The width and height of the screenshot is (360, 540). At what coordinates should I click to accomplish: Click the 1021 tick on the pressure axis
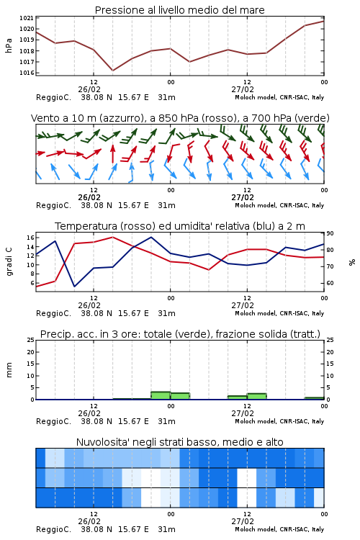(x=26, y=18)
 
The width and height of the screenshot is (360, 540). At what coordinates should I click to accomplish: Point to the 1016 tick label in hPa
(x=26, y=73)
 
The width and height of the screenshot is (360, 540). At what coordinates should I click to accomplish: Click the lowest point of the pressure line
(x=112, y=71)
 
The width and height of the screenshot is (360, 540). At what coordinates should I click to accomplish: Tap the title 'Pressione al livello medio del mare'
(x=180, y=10)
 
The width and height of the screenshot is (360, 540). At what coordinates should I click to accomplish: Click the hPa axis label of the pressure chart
(x=9, y=45)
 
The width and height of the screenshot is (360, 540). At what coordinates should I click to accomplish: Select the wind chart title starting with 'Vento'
(x=180, y=118)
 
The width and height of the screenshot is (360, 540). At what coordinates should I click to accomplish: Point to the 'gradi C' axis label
(x=9, y=261)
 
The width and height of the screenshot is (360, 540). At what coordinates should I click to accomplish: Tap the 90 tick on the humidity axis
(x=330, y=233)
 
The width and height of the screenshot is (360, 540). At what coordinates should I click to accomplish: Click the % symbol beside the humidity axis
(x=352, y=262)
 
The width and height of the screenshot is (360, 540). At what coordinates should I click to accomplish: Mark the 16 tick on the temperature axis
(x=30, y=238)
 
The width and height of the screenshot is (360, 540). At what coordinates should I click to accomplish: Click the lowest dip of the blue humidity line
(x=74, y=286)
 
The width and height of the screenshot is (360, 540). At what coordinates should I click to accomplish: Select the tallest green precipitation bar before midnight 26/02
(x=161, y=395)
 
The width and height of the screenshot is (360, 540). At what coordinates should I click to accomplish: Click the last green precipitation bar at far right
(x=314, y=398)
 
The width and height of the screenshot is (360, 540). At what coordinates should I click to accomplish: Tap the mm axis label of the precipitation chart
(x=9, y=370)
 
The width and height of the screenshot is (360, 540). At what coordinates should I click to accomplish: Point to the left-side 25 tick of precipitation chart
(x=30, y=340)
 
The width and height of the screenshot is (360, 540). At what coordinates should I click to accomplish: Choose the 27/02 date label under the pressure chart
(x=243, y=89)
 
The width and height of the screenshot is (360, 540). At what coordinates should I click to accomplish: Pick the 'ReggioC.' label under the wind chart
(x=53, y=206)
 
